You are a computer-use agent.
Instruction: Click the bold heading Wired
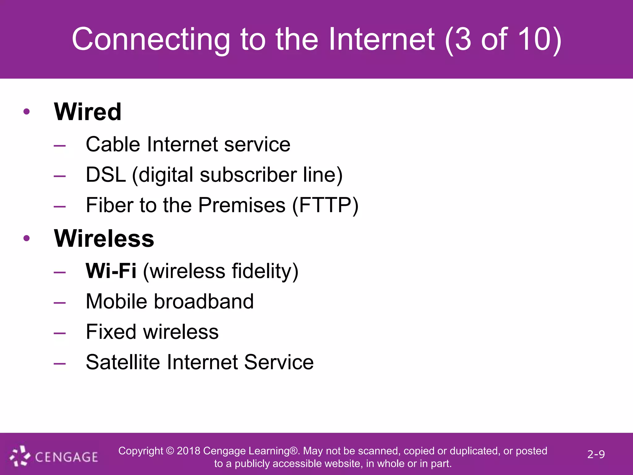tap(87, 112)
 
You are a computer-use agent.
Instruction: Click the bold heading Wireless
tap(104, 238)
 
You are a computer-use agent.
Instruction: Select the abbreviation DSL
tap(106, 175)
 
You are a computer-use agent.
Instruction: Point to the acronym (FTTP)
tap(325, 205)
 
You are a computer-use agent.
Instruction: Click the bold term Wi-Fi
tap(111, 271)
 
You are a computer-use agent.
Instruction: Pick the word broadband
tap(203, 301)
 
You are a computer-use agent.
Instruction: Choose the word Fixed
tap(111, 332)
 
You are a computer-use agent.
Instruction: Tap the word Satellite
tap(123, 362)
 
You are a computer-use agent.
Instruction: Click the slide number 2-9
tap(596, 454)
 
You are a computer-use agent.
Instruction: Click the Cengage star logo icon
tap(20, 456)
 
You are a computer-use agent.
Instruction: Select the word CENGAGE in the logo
tap(66, 457)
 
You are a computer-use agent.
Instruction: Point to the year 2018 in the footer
tap(188, 451)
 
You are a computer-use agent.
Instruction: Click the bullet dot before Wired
tap(27, 112)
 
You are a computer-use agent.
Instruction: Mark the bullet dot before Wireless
tap(27, 238)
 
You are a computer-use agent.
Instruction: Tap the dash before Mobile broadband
tap(59, 302)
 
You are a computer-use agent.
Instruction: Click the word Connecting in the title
tap(151, 39)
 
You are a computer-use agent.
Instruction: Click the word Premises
tap(242, 205)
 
